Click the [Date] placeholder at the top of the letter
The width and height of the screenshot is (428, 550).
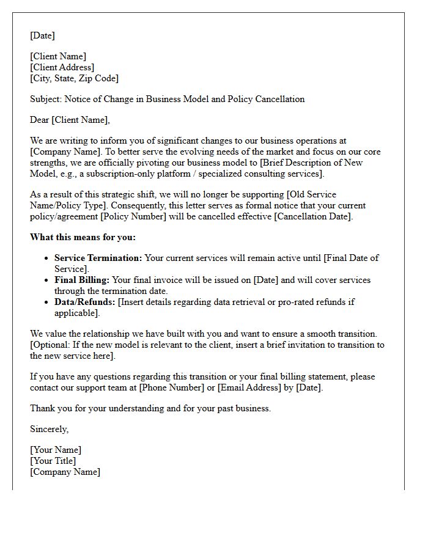click(x=42, y=35)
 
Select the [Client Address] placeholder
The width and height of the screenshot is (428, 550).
click(x=62, y=67)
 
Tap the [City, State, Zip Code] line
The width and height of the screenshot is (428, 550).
click(x=74, y=78)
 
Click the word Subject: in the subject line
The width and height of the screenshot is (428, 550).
click(x=46, y=99)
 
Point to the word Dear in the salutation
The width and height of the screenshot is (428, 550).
click(x=40, y=120)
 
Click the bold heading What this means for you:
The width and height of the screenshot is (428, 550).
click(x=83, y=237)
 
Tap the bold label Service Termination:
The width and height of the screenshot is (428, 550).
click(x=98, y=258)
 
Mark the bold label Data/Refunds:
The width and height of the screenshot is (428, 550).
click(x=85, y=302)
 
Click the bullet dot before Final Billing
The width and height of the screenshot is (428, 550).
click(x=46, y=280)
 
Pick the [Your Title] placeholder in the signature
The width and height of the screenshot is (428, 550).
click(x=53, y=461)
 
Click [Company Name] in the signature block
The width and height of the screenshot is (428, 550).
click(x=65, y=472)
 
